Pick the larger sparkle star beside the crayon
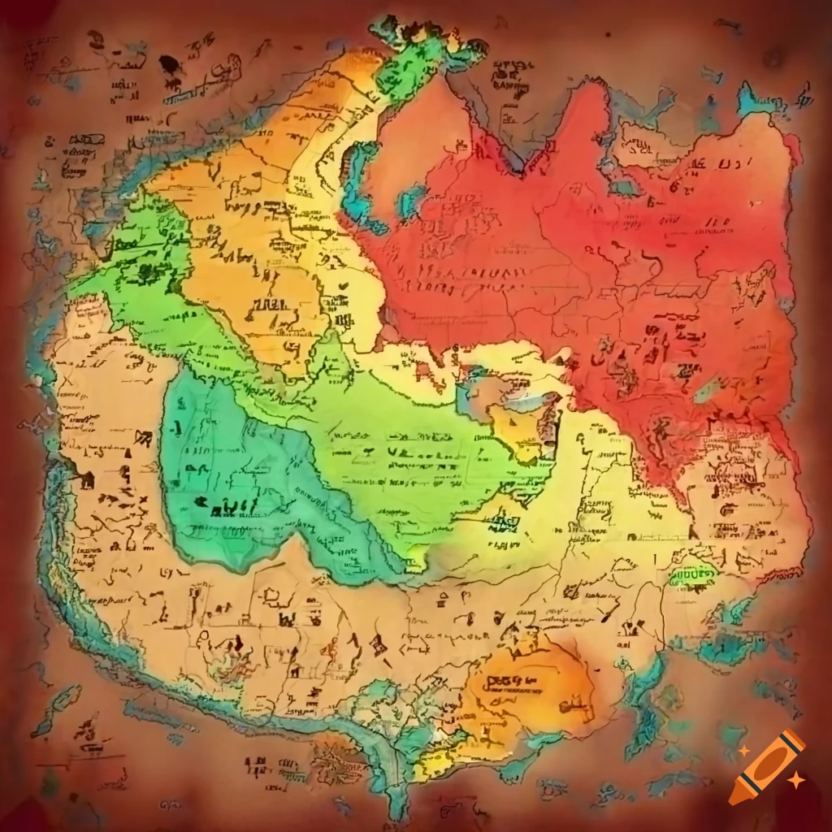(x=796, y=780)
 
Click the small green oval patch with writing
(x=692, y=575)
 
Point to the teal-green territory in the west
(x=236, y=479)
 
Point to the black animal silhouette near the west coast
(x=85, y=479)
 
